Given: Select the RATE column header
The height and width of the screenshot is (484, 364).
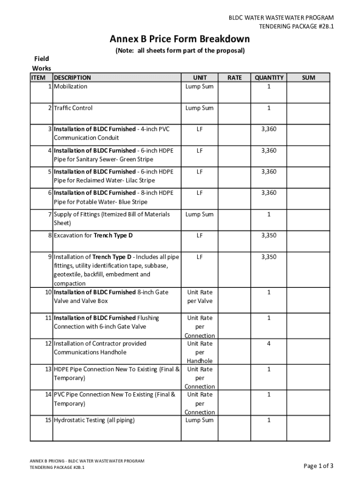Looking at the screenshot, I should click(234, 78).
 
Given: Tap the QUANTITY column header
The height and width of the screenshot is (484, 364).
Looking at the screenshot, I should click(269, 78).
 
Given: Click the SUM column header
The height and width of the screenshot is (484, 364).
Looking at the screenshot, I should click(308, 78).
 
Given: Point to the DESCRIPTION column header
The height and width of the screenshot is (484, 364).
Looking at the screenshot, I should click(72, 78).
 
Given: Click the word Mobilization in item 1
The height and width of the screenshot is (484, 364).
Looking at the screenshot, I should click(70, 86).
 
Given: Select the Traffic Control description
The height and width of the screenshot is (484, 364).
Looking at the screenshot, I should click(73, 108).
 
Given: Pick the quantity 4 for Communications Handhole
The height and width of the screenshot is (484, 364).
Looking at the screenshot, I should click(269, 344).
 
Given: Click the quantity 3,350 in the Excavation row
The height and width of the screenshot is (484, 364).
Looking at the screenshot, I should click(269, 235).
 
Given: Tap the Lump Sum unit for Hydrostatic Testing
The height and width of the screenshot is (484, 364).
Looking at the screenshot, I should click(199, 420).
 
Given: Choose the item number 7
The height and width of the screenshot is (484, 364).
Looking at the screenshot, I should click(50, 214).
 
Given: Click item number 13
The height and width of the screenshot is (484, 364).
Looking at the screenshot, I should click(48, 369).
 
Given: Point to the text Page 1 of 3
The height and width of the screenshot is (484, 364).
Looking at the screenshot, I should click(319, 466).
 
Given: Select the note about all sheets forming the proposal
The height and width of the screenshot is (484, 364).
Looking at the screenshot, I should click(180, 51).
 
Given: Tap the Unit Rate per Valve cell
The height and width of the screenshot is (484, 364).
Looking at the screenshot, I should click(199, 296).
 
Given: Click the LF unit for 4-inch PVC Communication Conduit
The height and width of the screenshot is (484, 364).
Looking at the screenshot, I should click(199, 129).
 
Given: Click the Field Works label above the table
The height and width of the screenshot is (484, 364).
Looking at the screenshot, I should click(42, 63).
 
